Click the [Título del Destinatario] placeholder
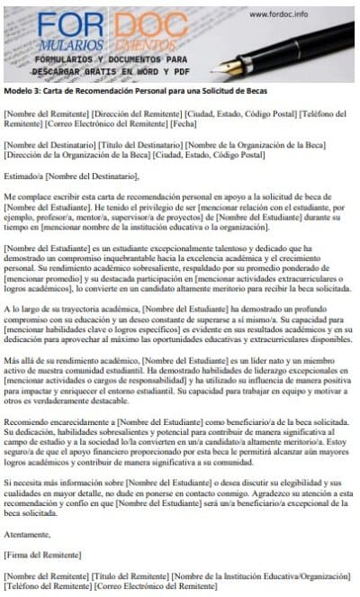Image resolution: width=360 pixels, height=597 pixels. [x=145, y=144]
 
